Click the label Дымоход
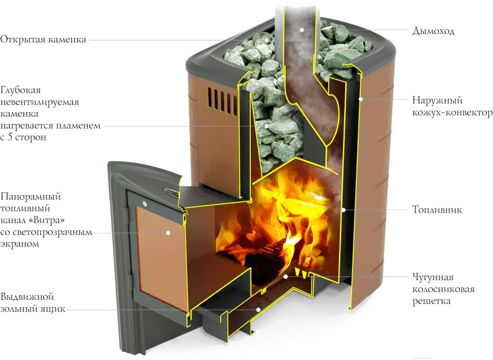click(433, 31)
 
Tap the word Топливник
click(437, 210)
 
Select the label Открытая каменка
click(43, 39)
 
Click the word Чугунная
click(433, 277)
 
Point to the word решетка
click(431, 301)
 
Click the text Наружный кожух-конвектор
click(453, 106)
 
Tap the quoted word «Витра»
click(49, 220)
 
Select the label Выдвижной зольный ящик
click(33, 302)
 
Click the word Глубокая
click(20, 90)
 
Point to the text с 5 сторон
click(23, 137)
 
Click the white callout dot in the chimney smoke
click(301, 30)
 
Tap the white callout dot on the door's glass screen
click(168, 233)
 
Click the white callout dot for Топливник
click(344, 210)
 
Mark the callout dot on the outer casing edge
click(361, 99)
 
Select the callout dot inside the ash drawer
click(258, 309)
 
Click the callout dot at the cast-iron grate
click(285, 276)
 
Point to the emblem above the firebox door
click(172, 190)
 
